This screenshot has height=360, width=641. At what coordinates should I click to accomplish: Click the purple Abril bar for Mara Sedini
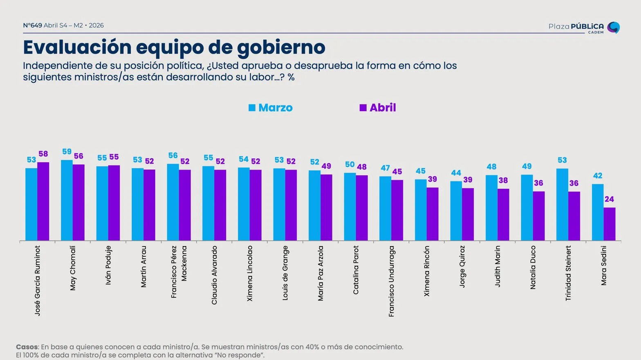coord(609,224)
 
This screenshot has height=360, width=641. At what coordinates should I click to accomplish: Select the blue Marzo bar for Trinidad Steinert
coord(562,204)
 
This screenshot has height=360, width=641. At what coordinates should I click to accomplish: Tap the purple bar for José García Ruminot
coord(43,201)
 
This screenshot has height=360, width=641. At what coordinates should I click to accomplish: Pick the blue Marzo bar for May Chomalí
coord(67,200)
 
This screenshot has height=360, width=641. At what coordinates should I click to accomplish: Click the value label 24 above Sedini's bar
coord(609,199)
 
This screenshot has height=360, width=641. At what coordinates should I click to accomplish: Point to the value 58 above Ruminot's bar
coord(43,154)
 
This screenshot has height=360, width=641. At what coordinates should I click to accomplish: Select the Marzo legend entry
coord(271,108)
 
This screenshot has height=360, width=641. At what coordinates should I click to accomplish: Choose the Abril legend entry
coord(378,108)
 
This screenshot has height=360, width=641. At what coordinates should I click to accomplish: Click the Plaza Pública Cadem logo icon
coord(613,27)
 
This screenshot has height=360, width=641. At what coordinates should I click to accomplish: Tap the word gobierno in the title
coord(281,47)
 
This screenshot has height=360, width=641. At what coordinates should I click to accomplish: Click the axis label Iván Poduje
coord(108,265)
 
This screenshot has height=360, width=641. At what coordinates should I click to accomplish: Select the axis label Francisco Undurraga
coord(392,281)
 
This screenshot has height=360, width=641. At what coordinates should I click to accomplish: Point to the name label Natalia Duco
coord(533,267)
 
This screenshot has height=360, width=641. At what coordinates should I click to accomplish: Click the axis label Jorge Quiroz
coord(462,266)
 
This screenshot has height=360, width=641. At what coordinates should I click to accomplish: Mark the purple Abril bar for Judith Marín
coord(503,215)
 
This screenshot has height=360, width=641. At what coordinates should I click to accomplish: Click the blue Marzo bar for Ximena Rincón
coord(421,210)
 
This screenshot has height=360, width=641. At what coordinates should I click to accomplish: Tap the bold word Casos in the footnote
coord(27,347)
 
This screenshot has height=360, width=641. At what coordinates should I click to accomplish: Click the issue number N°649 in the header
coord(32,25)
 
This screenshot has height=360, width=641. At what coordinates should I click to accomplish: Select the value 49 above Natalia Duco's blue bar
coord(527,166)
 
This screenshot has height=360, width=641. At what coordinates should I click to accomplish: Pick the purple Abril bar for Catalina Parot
coord(362,208)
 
